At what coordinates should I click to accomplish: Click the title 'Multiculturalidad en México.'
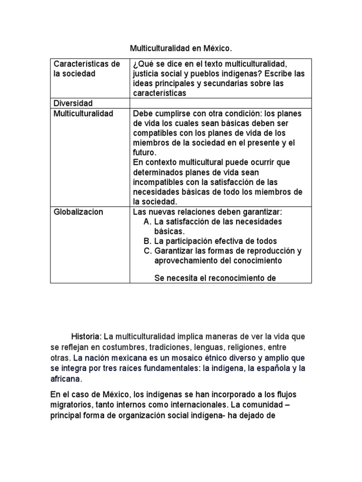181,48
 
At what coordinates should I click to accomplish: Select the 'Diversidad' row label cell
73,103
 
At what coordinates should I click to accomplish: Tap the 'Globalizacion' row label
78,212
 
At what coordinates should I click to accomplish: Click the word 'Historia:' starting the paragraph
86,337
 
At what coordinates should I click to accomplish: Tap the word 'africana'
66,378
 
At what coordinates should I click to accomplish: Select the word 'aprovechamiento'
184,260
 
